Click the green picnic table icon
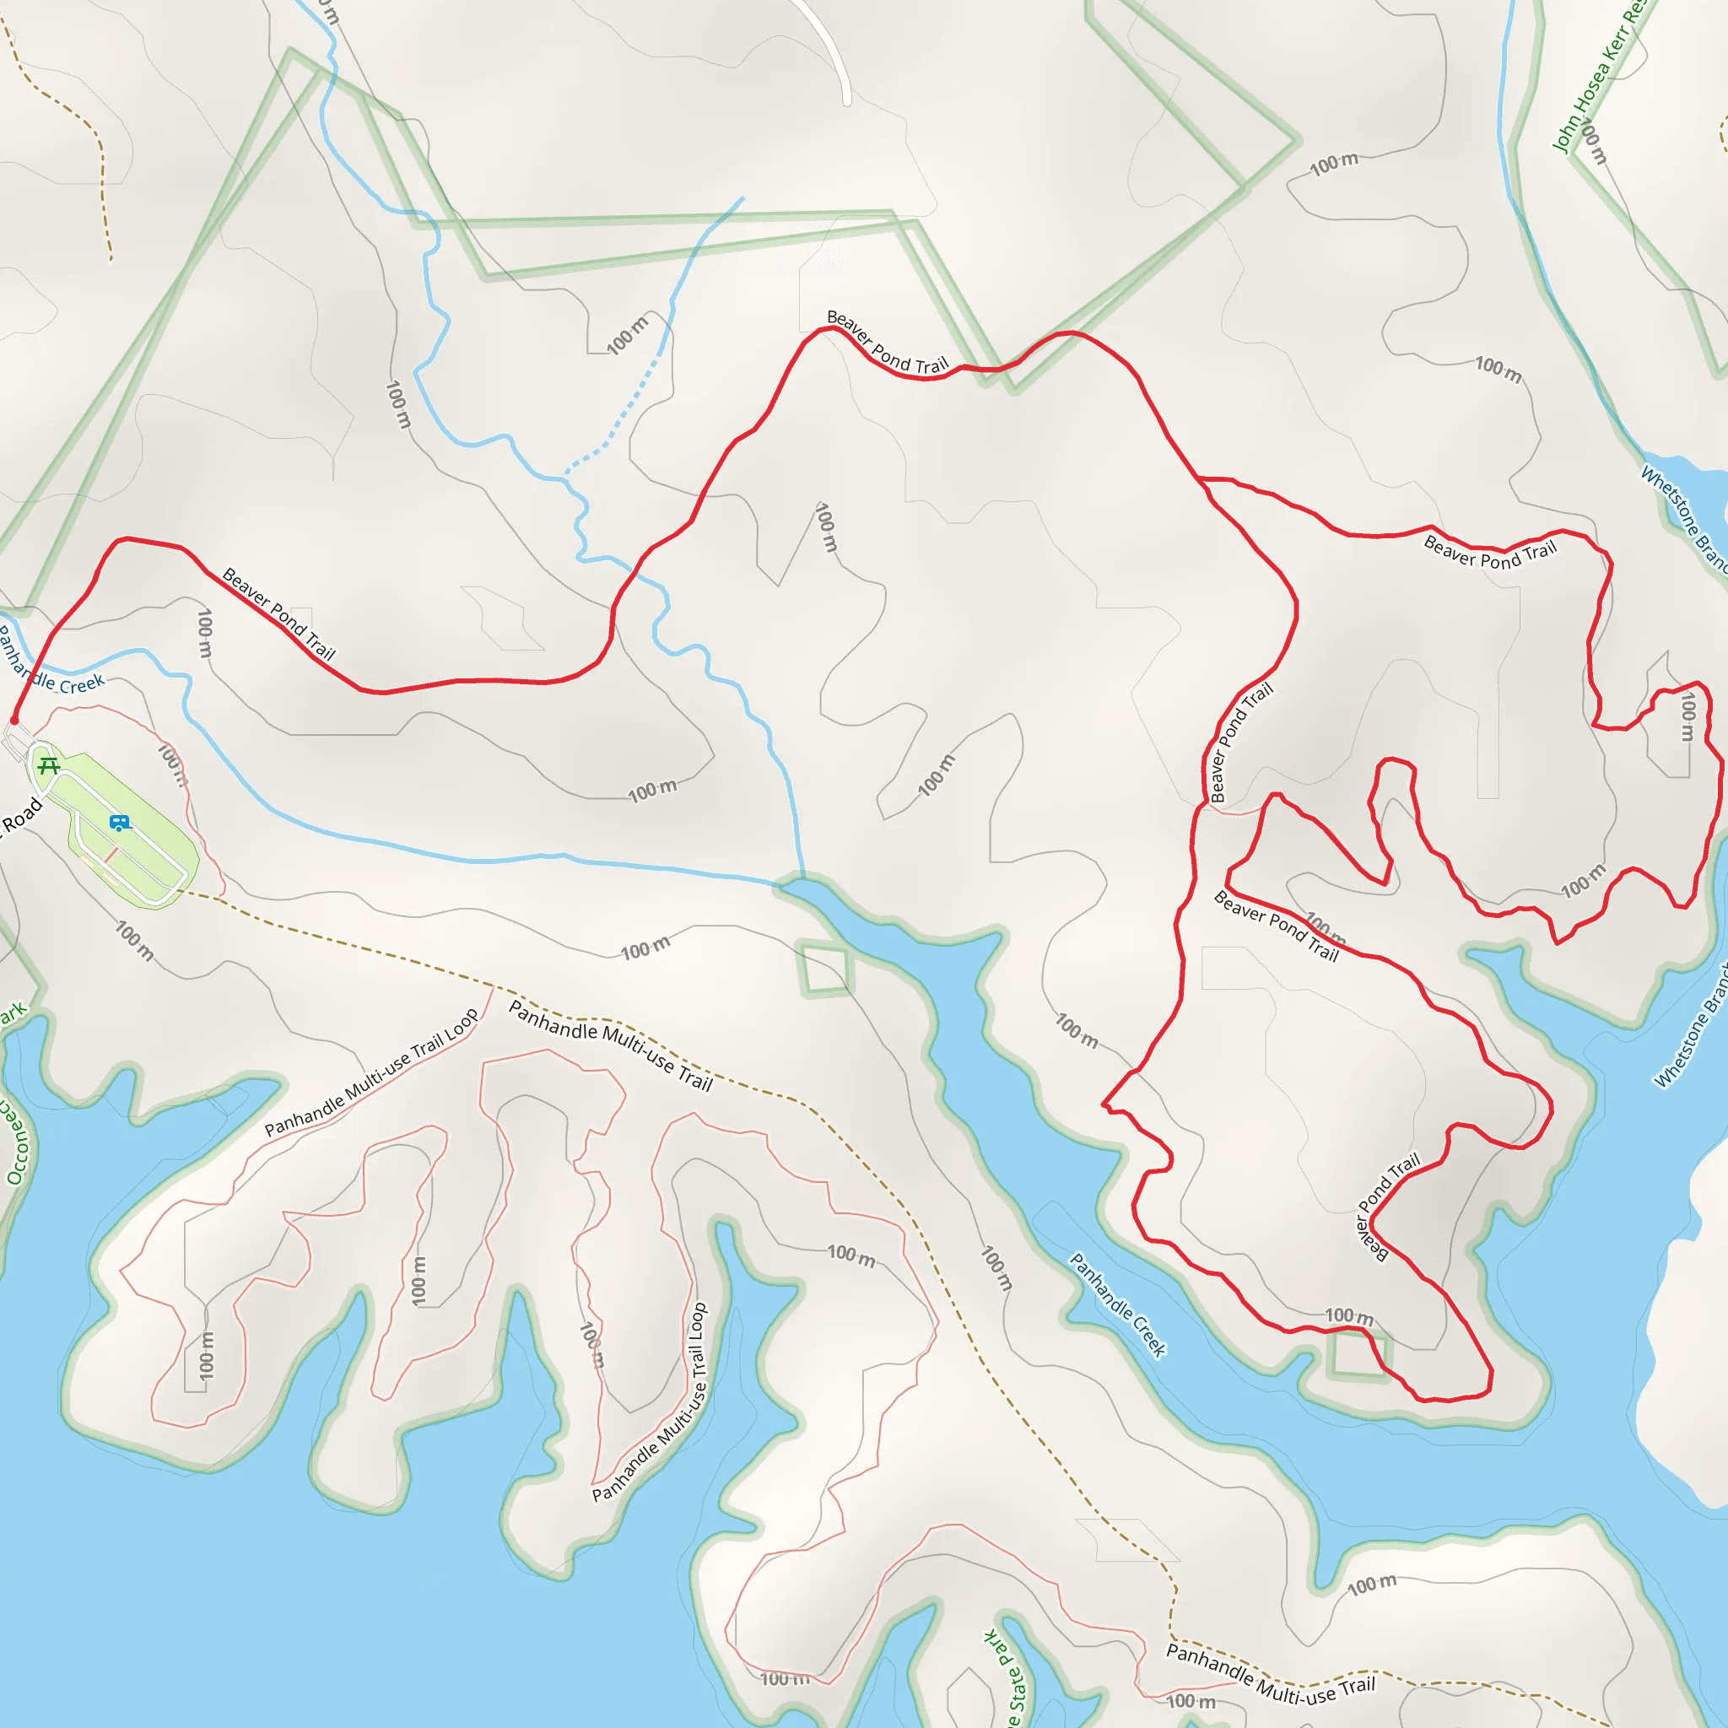click(x=49, y=766)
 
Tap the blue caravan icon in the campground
click(x=119, y=823)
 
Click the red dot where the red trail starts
click(x=14, y=720)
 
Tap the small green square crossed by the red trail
click(x=1358, y=1355)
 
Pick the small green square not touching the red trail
click(x=823, y=969)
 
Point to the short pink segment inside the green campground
click(x=111, y=855)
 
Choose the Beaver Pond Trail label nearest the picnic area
click(x=278, y=613)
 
